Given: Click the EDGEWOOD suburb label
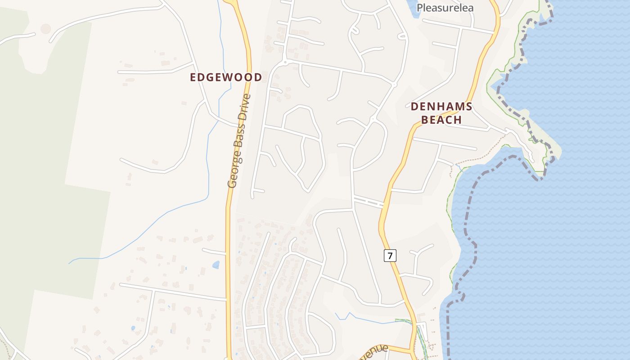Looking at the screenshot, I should (225, 77).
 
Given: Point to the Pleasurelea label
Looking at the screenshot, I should (445, 8).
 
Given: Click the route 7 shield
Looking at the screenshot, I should (390, 256).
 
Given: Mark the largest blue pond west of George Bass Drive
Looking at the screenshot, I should (216, 265).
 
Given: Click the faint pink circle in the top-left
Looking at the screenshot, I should (45, 29).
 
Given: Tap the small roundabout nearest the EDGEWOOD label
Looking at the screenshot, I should (284, 61).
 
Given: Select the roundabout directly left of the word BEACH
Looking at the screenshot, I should (373, 119).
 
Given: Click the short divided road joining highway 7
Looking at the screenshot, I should (368, 202).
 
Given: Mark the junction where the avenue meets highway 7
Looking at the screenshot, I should (411, 349).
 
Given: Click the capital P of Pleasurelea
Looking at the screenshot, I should (420, 8).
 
